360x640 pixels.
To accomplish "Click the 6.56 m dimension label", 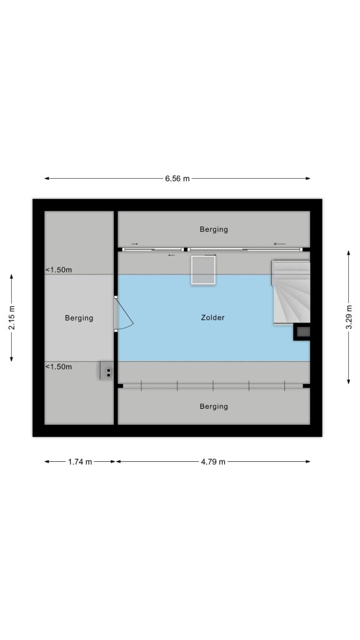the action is pyautogui.click(x=177, y=178).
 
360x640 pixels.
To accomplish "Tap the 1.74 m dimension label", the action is pyautogui.click(x=80, y=462).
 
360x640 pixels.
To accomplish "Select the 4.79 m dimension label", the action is pyautogui.click(x=212, y=462).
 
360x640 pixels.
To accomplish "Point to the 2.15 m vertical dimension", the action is pyautogui.click(x=12, y=317).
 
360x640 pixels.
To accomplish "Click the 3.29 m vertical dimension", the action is pyautogui.click(x=348, y=317).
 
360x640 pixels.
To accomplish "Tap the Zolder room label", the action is pyautogui.click(x=212, y=317).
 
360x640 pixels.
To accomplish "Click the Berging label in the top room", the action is pyautogui.click(x=214, y=229).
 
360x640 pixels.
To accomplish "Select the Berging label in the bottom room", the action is pyautogui.click(x=214, y=406).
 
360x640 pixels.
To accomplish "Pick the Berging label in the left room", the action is pyautogui.click(x=79, y=318).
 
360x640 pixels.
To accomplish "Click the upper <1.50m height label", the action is pyautogui.click(x=58, y=270).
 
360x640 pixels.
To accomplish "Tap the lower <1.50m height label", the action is pyautogui.click(x=58, y=366).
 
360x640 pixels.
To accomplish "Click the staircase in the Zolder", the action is pyautogui.click(x=291, y=292).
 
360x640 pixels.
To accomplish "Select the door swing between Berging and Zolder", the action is pyautogui.click(x=123, y=314).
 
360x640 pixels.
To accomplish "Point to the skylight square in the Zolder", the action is pyautogui.click(x=203, y=270).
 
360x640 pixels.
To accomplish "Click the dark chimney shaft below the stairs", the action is pyautogui.click(x=302, y=332).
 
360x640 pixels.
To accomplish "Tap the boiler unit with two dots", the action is pyautogui.click(x=107, y=371).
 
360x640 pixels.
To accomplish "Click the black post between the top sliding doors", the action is pyautogui.click(x=186, y=249).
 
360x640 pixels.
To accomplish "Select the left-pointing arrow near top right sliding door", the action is pyautogui.click(x=279, y=244).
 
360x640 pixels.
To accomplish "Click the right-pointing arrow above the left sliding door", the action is pyautogui.click(x=134, y=244).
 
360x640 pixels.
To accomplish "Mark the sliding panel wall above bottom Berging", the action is pyautogui.click(x=212, y=386).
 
